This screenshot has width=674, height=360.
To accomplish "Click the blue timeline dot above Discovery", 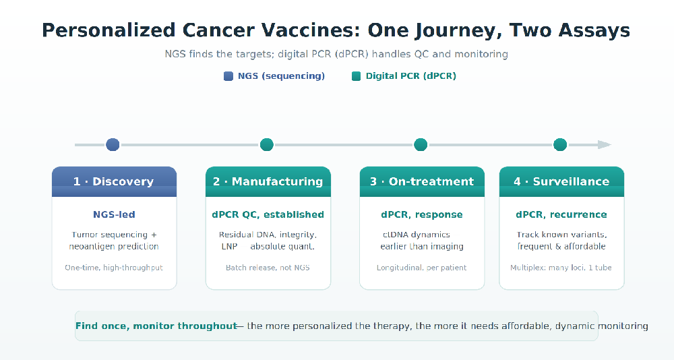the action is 113,144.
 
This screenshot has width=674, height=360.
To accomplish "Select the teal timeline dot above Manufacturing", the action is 266,144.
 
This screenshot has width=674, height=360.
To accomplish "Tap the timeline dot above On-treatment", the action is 421,144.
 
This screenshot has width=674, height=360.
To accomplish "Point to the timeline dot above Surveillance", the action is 560,144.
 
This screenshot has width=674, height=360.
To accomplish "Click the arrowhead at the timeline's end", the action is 605,144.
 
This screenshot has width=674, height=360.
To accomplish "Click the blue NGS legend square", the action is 228,76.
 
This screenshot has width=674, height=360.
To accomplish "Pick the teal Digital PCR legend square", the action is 356,76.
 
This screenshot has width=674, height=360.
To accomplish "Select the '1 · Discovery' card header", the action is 115,181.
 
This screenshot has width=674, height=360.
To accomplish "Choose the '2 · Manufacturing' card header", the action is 268,181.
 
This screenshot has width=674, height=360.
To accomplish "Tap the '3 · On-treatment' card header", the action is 422,181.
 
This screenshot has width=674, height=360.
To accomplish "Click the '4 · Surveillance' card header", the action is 561,181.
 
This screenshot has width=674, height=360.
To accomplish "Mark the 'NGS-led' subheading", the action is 114,214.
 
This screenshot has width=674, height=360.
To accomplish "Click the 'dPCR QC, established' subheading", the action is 268,214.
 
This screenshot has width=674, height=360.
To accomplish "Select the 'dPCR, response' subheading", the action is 422,214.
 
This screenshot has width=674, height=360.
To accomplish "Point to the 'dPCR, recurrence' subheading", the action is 561,214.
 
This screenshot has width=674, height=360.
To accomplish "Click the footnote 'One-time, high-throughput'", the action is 114,268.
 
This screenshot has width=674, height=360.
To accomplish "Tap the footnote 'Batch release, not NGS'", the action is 268,268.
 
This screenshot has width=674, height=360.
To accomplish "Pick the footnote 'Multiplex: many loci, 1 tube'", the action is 561,268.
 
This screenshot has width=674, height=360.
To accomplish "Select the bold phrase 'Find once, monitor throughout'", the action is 156,326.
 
